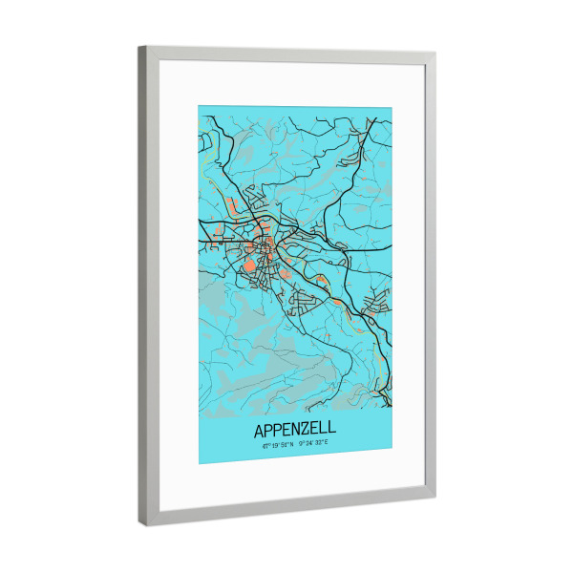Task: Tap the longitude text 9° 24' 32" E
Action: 314,444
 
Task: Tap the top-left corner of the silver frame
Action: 138,47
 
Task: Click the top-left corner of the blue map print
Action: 199,105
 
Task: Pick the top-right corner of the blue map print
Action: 392,109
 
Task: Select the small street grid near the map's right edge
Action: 376,304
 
